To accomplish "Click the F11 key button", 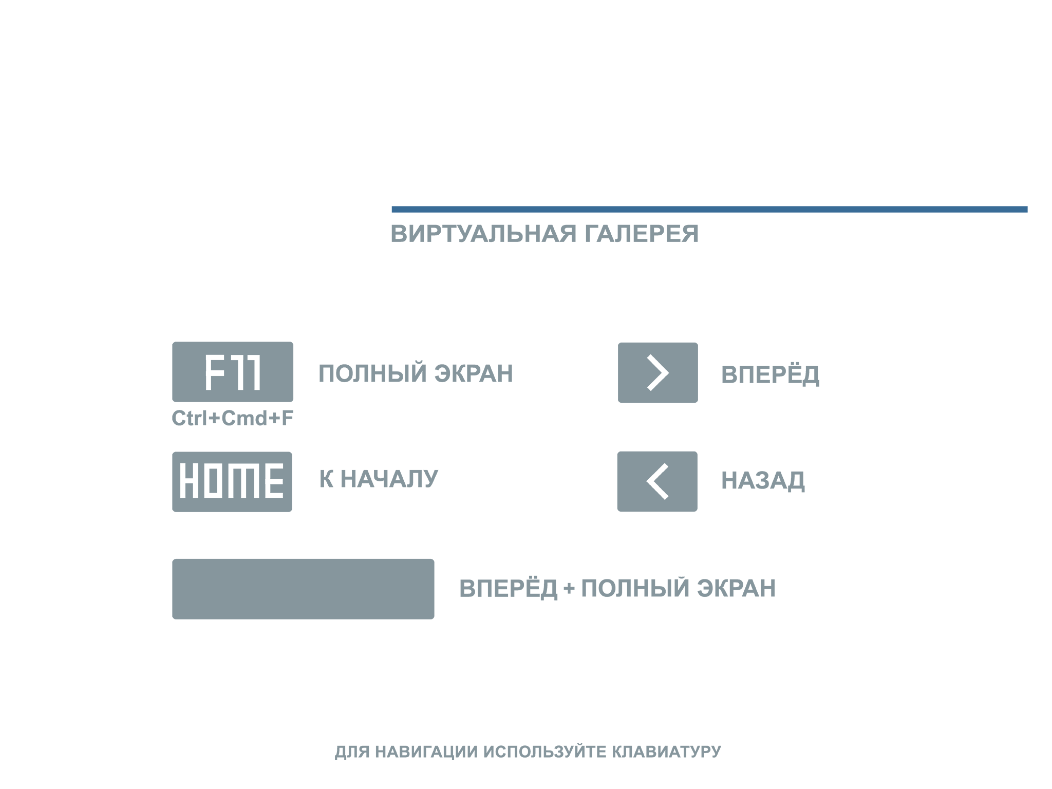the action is pyautogui.click(x=233, y=372).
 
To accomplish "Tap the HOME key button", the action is pyautogui.click(x=232, y=482).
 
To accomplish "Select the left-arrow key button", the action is pyautogui.click(x=657, y=481).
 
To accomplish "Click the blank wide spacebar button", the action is pyautogui.click(x=303, y=589).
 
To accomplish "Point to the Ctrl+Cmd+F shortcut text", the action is pyautogui.click(x=233, y=418).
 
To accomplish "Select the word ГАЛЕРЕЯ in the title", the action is pyautogui.click(x=642, y=234).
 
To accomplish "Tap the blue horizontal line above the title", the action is pyautogui.click(x=709, y=209).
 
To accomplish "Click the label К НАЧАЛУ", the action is pyautogui.click(x=379, y=479).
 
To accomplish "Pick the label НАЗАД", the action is pyautogui.click(x=763, y=481).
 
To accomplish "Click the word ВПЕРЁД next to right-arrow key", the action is pyautogui.click(x=770, y=374).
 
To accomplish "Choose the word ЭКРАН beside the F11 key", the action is pyautogui.click(x=474, y=373).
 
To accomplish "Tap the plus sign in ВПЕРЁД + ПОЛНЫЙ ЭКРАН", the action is pyautogui.click(x=569, y=589).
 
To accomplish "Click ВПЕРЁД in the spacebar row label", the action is pyautogui.click(x=508, y=588).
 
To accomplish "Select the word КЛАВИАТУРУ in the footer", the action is pyautogui.click(x=666, y=752).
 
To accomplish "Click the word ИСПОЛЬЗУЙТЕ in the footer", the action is pyautogui.click(x=545, y=752).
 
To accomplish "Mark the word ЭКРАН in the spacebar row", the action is pyautogui.click(x=737, y=588).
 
